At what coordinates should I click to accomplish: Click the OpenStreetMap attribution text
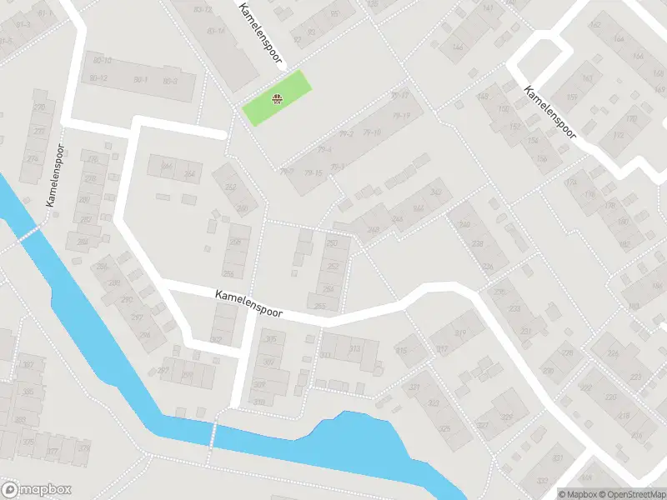pyautogui.click(x=630, y=494)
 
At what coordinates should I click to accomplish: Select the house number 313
pyautogui.click(x=354, y=349)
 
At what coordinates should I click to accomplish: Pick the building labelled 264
pyautogui.click(x=189, y=174)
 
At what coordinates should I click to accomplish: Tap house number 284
pyautogui.click(x=83, y=242)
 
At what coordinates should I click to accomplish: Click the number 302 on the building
pyautogui.click(x=215, y=339)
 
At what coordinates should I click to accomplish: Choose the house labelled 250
pyautogui.click(x=333, y=243)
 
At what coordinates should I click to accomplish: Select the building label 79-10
pyautogui.click(x=373, y=133)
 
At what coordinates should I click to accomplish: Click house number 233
pyautogui.click(x=515, y=308)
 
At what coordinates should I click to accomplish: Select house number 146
pyautogui.click(x=457, y=47)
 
